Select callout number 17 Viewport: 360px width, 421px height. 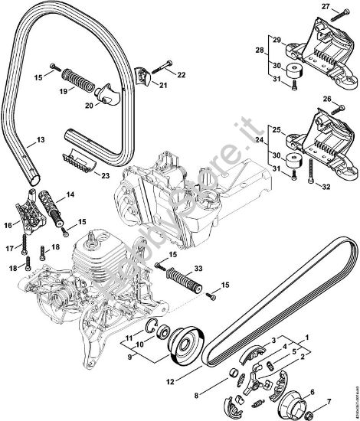[11, 247]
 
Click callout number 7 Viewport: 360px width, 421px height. [330, 400]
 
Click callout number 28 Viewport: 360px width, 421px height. [260, 51]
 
